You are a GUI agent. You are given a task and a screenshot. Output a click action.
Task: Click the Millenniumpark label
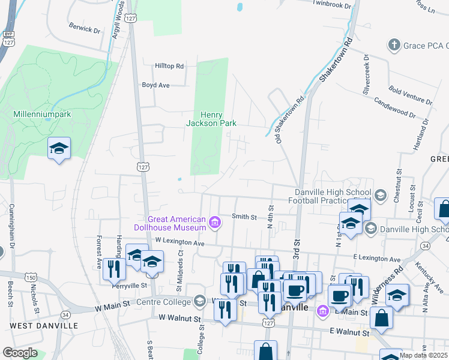click(34, 113)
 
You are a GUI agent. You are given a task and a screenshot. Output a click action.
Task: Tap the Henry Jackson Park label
click(211, 119)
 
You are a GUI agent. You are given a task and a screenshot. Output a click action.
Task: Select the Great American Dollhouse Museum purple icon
click(215, 224)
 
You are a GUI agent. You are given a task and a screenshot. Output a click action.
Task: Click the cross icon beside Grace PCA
click(394, 45)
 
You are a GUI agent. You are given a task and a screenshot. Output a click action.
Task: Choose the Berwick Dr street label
click(84, 29)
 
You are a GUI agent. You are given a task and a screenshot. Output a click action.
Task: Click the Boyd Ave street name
click(155, 85)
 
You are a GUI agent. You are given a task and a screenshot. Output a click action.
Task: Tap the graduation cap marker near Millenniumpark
click(59, 148)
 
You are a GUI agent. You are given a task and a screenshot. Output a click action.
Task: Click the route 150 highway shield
click(31, 277)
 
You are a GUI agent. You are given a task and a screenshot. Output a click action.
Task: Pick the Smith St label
click(244, 217)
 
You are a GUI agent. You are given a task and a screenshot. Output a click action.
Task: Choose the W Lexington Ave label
click(180, 241)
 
